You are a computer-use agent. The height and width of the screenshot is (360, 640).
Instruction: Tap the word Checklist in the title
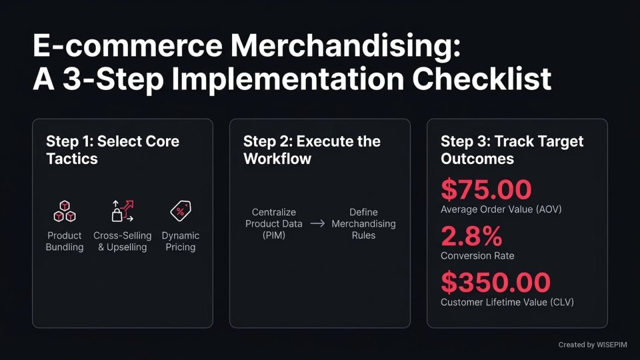point(481,79)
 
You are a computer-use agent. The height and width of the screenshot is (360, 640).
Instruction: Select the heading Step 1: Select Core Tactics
point(112,149)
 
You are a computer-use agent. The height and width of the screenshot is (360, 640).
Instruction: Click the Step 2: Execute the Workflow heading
point(311,149)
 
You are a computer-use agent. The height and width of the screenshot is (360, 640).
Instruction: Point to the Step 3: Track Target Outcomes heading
point(511,149)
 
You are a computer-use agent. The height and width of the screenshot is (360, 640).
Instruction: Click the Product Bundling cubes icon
point(65,211)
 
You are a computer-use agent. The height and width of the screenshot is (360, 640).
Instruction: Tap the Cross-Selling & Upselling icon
point(122,211)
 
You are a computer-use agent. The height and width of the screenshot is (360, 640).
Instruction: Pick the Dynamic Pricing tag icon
point(180,211)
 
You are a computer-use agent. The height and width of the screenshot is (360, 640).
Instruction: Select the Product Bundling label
point(65,241)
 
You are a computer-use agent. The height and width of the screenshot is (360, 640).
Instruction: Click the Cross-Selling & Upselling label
point(122,241)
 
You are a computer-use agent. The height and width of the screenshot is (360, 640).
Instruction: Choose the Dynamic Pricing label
point(180,241)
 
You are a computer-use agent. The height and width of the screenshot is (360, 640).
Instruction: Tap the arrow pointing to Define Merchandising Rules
point(318,223)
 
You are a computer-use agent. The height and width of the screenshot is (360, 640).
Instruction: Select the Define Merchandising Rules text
point(363,223)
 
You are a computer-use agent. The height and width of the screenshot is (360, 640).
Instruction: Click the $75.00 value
point(486,190)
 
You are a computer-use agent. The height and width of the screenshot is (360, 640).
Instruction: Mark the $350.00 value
point(495,282)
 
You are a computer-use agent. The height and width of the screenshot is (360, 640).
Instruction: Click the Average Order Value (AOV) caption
point(501,210)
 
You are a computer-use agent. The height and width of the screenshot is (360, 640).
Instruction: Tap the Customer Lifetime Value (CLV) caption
point(507,302)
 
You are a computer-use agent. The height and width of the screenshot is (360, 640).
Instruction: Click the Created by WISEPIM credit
point(592,345)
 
